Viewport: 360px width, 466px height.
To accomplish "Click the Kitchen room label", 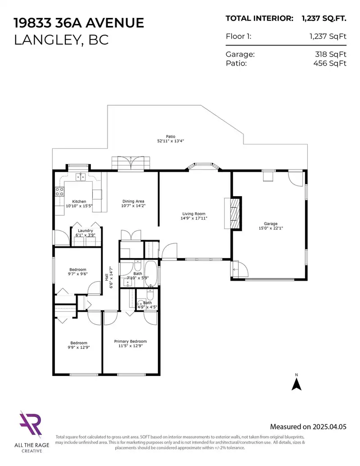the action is click(x=79, y=202).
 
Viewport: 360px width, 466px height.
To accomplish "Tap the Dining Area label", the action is click(x=133, y=201).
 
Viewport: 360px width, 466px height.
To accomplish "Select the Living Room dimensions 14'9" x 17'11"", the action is click(x=194, y=218).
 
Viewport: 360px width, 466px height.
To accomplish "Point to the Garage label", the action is click(x=270, y=224).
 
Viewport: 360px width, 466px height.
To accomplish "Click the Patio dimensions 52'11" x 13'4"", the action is click(x=171, y=141).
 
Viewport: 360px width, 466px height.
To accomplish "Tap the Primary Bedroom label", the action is click(x=130, y=341).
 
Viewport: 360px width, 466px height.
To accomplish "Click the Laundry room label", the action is click(x=85, y=231).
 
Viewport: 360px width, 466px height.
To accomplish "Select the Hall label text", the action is click(x=106, y=277).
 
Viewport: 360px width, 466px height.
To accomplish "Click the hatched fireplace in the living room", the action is click(x=235, y=213).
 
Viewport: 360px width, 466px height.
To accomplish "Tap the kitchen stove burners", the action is click(x=59, y=192).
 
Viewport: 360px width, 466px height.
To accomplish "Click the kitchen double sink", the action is click(x=80, y=177).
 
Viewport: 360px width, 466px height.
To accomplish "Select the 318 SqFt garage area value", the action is click(x=331, y=54).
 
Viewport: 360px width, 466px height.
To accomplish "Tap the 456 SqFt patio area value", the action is click(x=330, y=63).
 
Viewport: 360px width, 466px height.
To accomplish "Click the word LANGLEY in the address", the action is click(x=46, y=40).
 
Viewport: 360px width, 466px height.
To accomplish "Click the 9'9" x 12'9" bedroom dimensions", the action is click(x=79, y=347).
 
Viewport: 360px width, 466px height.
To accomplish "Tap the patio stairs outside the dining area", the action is click(x=131, y=163).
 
